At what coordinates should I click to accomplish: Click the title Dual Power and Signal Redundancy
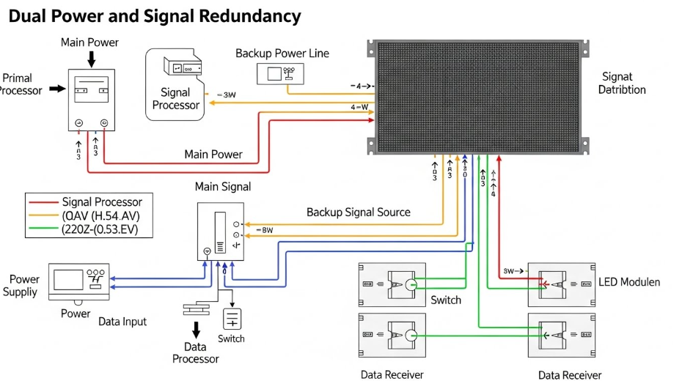155,16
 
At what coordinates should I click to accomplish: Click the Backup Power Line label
282,53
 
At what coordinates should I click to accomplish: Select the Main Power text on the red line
213,155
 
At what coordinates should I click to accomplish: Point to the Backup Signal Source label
359,212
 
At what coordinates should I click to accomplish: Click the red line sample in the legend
43,202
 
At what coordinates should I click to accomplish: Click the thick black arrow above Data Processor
196,329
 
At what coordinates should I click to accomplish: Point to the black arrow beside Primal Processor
56,89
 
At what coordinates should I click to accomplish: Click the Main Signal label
223,188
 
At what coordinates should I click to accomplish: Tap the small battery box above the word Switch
232,319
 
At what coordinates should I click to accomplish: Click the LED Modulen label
629,282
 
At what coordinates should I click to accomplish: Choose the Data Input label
122,322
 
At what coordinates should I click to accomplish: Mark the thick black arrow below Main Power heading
91,59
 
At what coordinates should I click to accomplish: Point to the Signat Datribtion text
622,83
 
